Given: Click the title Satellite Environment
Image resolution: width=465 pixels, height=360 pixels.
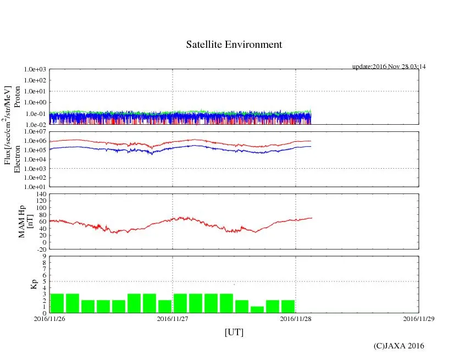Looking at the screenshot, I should (234, 45).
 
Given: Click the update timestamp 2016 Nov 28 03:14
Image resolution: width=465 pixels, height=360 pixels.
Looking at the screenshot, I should (389, 67).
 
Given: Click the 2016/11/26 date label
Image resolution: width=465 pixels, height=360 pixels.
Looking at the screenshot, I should (49, 319).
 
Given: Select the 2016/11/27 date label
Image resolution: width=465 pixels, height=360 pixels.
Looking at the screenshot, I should (173, 319).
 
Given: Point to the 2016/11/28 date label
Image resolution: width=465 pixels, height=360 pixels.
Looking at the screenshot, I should (296, 319).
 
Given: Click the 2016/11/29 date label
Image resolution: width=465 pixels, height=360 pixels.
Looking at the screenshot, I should (418, 319).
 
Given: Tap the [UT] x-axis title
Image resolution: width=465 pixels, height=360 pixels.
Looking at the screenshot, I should (234, 333).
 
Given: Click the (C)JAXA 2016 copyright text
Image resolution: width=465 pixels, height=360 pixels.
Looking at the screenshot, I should (399, 346).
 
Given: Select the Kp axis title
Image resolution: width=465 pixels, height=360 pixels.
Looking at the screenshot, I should (32, 284).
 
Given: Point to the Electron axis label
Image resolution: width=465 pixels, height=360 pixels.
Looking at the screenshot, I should (18, 159).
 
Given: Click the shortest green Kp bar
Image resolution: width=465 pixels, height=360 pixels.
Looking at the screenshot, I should (257, 309).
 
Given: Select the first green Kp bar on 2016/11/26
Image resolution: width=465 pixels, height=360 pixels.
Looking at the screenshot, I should (57, 303).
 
